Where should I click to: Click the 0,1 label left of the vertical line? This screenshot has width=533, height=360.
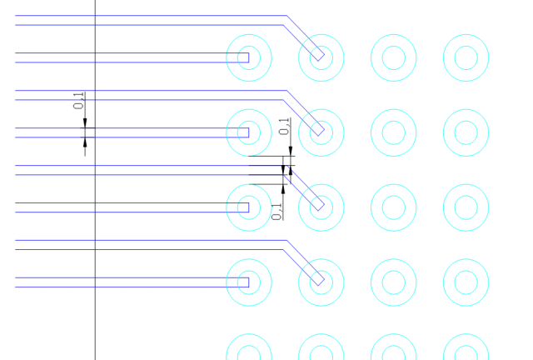78,101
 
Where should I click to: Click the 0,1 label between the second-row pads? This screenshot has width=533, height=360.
284,126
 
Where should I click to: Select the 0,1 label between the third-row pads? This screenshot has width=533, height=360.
277,212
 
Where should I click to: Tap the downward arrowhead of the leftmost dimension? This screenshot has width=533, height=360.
85,123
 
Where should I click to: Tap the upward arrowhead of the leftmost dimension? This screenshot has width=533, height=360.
85,142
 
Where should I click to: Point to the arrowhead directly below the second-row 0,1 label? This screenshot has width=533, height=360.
291,151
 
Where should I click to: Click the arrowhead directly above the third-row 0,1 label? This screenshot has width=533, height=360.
283,189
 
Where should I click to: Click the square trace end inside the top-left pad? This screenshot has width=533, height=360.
248,57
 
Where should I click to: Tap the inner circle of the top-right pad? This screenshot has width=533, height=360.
466,46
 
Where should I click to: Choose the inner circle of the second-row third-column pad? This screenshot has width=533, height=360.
394,121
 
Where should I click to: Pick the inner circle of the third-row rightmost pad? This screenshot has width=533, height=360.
466,196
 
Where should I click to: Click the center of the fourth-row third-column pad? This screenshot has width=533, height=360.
394,282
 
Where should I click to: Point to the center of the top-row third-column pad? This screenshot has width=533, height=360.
394,57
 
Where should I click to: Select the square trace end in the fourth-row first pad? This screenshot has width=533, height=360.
248,282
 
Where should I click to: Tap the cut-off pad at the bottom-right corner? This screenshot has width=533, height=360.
466,334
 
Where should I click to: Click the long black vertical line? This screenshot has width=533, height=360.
95,180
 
